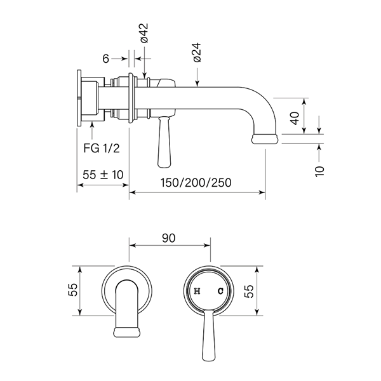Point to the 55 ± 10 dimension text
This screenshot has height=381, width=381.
pos(103,174)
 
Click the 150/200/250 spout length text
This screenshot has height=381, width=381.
pos(196,182)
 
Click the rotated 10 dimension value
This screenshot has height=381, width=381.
pos(319,170)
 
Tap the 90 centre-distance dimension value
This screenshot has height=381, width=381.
pos(169,237)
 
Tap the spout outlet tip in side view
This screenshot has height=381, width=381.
pos(265,138)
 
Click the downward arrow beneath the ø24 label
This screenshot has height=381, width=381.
pos(197,83)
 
